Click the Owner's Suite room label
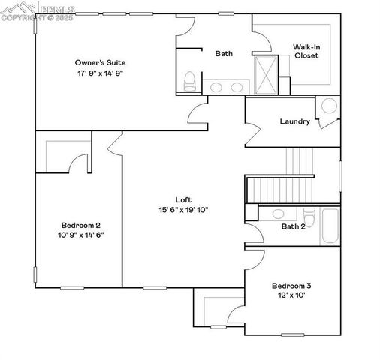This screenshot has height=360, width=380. click(99, 61)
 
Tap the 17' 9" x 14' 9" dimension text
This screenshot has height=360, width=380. click(99, 73)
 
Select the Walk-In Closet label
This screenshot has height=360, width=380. click(306, 51)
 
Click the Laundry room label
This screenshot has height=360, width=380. click(294, 121)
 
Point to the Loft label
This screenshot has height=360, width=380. click(183, 199)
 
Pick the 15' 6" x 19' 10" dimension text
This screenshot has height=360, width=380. click(183, 210)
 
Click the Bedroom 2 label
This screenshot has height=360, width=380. click(81, 225)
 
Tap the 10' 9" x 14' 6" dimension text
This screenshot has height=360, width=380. click(81, 235)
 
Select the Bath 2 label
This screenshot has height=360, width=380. click(293, 226)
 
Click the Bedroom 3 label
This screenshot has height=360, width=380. click(291, 286)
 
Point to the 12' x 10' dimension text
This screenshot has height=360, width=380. click(291, 295)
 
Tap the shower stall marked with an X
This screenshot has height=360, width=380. click(265, 73)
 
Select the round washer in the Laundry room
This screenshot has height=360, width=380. click(329, 106)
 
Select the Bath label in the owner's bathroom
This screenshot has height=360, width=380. click(224, 53)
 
